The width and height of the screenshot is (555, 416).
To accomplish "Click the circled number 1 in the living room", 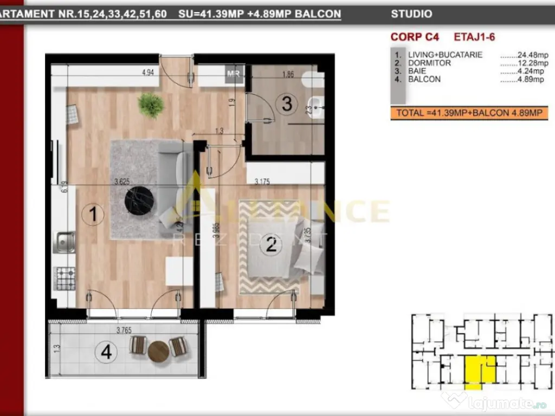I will click(93, 215).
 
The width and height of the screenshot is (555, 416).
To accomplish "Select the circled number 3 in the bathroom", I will click(287, 103).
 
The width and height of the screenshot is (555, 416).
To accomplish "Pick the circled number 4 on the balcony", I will click(106, 353).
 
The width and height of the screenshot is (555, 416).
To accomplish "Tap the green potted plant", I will click(151, 104).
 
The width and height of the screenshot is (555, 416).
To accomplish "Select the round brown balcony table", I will click(158, 351).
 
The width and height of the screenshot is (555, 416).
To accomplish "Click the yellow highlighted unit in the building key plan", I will click(480, 370).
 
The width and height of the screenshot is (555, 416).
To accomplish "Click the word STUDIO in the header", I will click(411, 15).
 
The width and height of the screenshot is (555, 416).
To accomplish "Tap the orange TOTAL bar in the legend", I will click(469, 113).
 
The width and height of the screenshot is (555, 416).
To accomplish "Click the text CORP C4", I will click(415, 37).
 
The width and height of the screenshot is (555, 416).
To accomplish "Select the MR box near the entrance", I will click(234, 74).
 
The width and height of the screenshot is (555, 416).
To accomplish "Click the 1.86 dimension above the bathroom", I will click(288, 75).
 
